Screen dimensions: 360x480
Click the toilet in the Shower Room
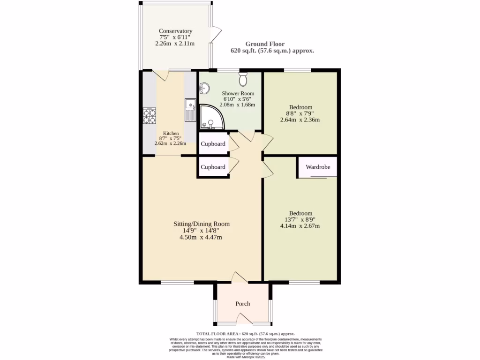point(243,80)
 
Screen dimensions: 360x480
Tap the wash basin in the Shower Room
point(204,88)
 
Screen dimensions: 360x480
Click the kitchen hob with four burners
point(150,116)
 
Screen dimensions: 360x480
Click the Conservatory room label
point(175,31)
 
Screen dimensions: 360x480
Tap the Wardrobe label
point(318,167)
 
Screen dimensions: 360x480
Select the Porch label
point(242,304)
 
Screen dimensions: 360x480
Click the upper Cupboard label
point(213,144)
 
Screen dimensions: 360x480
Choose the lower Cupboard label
point(213,167)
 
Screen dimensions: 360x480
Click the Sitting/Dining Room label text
point(201,224)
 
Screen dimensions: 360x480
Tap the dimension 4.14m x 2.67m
point(300,226)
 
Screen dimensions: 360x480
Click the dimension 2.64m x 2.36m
point(300,120)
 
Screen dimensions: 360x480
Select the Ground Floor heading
point(271,44)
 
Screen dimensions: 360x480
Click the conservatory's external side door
point(216,34)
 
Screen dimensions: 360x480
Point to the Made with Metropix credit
point(246,357)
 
